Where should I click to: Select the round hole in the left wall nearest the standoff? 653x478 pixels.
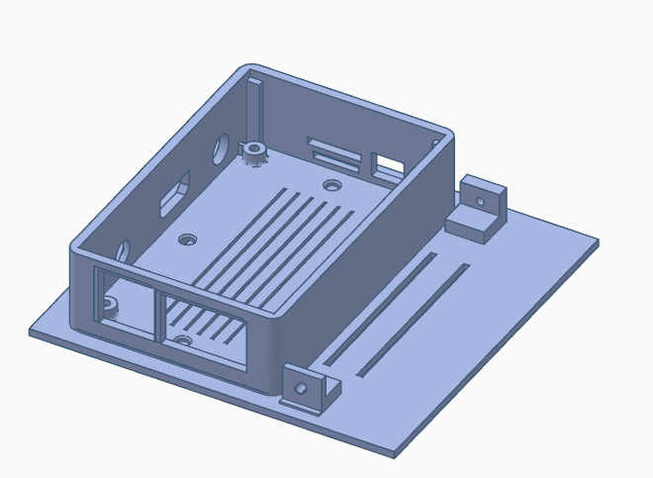(222, 146)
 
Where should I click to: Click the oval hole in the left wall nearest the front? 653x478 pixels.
(124, 251)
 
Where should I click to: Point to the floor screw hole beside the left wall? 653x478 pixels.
(186, 239)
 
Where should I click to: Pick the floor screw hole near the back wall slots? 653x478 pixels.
(331, 184)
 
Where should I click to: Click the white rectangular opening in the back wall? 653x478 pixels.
(389, 161)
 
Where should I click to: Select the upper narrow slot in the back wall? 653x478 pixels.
(333, 147)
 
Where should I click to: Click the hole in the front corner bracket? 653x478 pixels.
(301, 386)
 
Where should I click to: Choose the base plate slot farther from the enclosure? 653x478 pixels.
(414, 319)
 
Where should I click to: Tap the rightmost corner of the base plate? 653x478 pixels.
(598, 240)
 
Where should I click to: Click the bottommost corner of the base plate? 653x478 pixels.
(395, 454)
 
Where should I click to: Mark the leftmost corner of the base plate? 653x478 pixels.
(30, 332)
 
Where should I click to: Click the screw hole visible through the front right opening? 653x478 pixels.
(182, 340)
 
